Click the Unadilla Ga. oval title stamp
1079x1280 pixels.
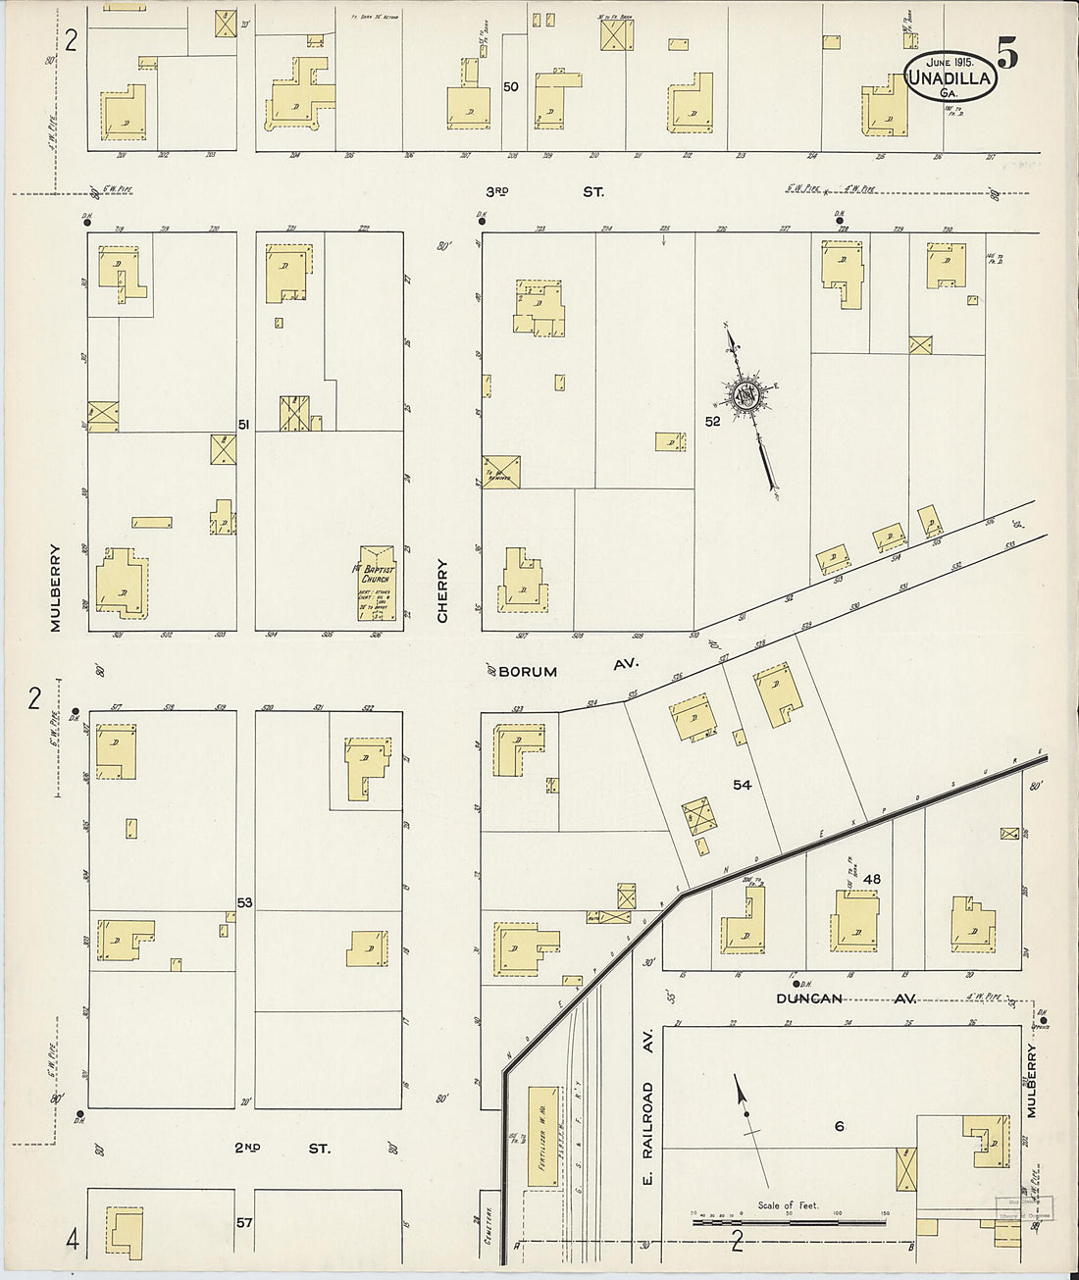click(950, 77)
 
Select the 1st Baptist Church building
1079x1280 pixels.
click(377, 583)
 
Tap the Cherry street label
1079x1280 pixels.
click(442, 590)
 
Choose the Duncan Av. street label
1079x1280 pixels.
click(846, 998)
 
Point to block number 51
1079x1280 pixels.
click(244, 424)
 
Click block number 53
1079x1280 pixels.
click(244, 901)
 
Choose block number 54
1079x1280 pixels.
click(742, 785)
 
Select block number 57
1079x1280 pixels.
click(244, 1223)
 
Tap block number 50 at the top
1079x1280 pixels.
click(510, 86)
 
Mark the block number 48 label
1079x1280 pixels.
click(871, 879)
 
